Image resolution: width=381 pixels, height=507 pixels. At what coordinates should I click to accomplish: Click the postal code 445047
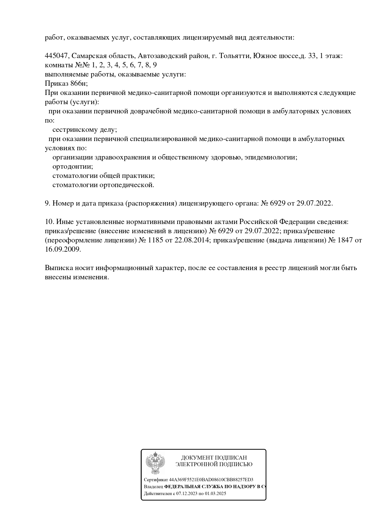[x=57, y=56]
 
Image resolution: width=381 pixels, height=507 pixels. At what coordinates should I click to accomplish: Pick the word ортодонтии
[x=73, y=167]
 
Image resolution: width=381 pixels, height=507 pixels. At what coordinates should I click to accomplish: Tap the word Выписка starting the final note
[x=58, y=268]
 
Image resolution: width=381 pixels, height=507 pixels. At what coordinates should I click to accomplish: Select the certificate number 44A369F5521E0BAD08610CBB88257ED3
[x=211, y=480]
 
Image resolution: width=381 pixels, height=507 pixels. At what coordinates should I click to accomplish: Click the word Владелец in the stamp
[x=153, y=487]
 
